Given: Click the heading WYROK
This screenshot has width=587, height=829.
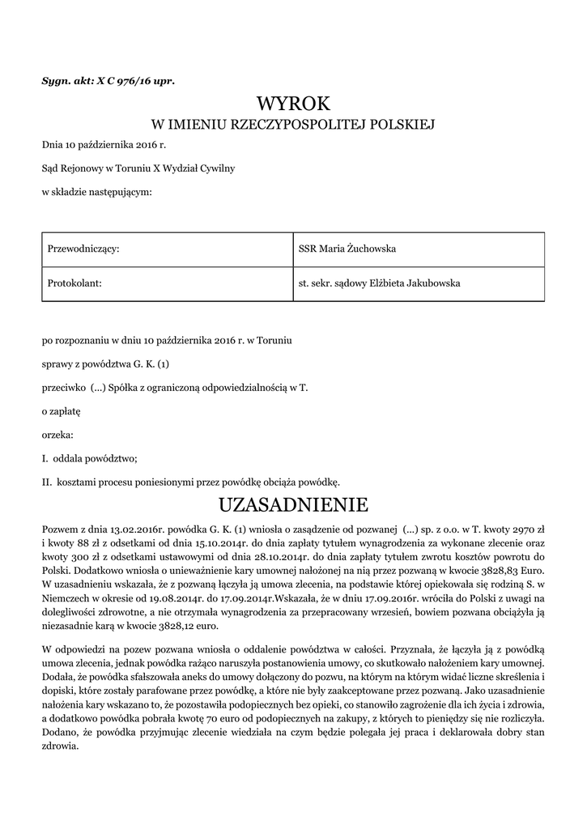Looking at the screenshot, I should pos(293,104).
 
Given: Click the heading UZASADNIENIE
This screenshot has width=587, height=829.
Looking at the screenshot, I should pos(293,506).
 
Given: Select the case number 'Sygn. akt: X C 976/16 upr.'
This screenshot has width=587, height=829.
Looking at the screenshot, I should pos(108,81).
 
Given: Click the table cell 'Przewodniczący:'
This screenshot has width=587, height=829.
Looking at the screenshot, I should pos(84,249).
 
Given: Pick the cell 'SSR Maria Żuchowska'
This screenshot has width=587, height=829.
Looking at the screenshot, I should pos(347,249).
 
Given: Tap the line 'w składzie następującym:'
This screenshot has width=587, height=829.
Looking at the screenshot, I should pos(96,192).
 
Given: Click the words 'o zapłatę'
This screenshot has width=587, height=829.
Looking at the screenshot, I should pos(62,411).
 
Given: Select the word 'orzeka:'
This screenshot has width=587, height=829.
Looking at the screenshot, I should pos(57,435).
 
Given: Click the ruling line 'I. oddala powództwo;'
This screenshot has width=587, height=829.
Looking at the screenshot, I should pos(90,458).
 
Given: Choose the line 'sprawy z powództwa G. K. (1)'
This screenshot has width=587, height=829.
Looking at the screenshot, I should pos(105,364).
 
